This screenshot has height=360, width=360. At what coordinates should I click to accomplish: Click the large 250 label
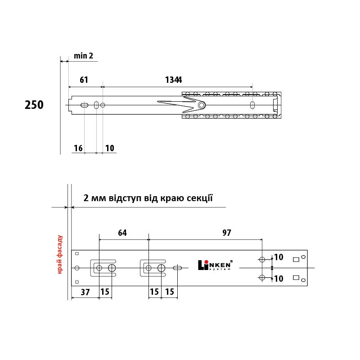[34, 105]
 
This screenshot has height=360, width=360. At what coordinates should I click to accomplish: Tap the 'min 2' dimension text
[83, 56]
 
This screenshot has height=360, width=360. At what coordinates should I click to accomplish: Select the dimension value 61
[84, 80]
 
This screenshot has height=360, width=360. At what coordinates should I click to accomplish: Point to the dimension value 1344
[174, 80]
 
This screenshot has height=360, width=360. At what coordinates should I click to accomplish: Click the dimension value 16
[78, 148]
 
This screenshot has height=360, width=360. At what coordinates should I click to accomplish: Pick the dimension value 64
[122, 233]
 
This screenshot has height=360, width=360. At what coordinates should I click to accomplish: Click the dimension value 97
[227, 233]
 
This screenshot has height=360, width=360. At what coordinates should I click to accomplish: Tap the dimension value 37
[85, 292]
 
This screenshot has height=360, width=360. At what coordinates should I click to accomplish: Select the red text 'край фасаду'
[60, 254]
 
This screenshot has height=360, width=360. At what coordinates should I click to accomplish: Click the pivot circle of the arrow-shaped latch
[202, 105]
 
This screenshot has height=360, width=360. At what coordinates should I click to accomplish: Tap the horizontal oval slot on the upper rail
[84, 105]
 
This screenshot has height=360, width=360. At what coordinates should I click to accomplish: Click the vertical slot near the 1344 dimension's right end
[252, 105]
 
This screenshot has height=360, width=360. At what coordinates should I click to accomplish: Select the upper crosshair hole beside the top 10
[262, 260]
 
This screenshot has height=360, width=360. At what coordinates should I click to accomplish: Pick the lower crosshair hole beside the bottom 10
[262, 278]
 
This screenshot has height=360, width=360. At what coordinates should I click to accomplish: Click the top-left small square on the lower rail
[77, 254]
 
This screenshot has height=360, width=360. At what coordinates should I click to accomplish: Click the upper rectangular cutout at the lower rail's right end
[296, 260]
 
